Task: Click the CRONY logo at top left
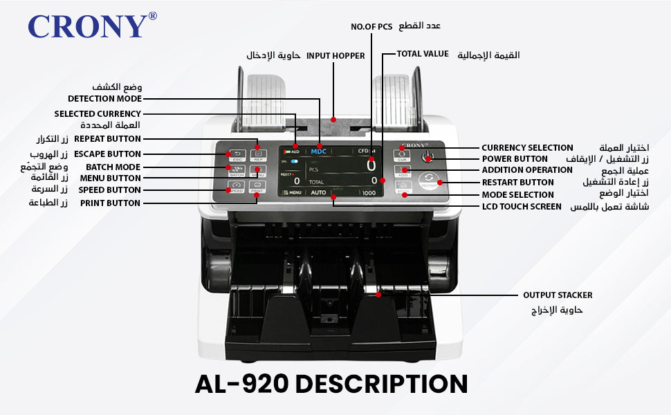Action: (87, 26)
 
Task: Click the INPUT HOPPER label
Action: (335, 55)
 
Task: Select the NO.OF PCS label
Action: (371, 26)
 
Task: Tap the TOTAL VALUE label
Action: (423, 54)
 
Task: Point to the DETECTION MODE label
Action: (104, 99)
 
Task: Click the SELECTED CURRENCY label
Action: (98, 113)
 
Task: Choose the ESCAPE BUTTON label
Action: (107, 154)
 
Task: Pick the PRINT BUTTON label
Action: (110, 203)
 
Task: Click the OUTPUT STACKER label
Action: (558, 295)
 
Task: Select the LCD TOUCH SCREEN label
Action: (522, 206)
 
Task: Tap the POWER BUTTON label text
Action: (515, 158)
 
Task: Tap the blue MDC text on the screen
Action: (318, 151)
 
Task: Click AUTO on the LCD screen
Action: (318, 192)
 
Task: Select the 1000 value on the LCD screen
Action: (369, 193)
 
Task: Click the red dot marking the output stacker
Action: (378, 295)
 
